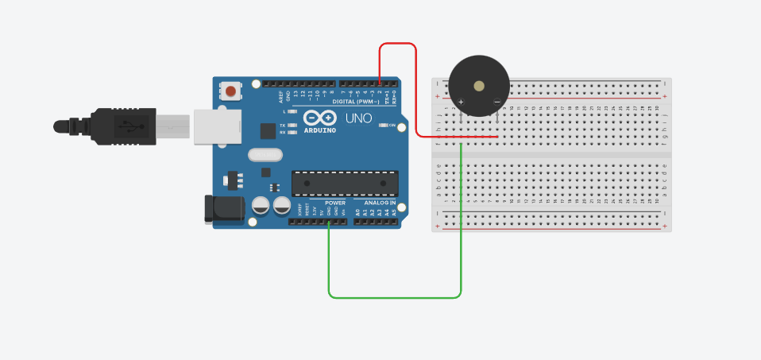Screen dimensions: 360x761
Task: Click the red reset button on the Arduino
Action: pos(230,91)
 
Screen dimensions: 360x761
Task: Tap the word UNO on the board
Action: pos(359,118)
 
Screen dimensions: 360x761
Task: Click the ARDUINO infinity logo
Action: pos(320,118)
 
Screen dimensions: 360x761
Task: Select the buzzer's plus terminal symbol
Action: pos(461,102)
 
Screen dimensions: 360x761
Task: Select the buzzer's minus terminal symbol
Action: pos(496,102)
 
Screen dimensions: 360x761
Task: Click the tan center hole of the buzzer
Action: pos(478,85)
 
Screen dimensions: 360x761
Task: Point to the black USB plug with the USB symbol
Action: pos(127,126)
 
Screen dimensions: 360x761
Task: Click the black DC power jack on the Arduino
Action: pos(224,208)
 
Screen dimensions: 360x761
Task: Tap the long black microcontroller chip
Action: pos(345,183)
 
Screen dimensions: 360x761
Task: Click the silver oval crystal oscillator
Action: pos(265,155)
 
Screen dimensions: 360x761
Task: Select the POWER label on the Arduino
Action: pos(335,203)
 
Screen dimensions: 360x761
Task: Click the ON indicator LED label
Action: pos(392,125)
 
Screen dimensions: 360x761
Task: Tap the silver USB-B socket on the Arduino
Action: pos(217,126)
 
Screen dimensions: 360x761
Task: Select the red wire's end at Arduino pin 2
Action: pos(380,83)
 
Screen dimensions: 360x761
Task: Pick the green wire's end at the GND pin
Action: pos(330,222)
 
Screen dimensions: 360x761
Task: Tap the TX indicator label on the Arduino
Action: pos(283,126)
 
